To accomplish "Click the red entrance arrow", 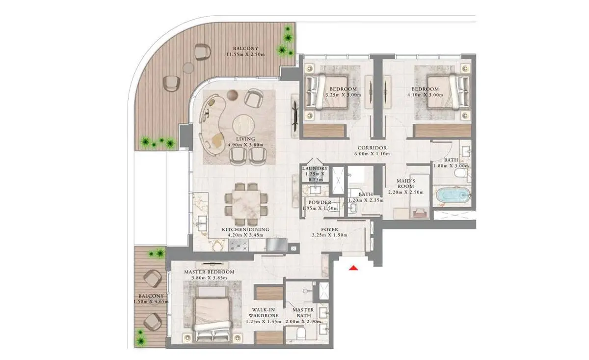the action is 353,268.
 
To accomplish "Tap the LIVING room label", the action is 245,139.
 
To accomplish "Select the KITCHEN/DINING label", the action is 245,229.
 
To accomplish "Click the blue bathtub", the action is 453,195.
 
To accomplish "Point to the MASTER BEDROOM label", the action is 209,272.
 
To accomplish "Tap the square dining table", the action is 246,204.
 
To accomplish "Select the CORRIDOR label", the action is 372,148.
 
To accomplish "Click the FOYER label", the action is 329,229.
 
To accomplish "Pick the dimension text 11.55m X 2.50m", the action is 245,55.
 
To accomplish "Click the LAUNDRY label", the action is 315,168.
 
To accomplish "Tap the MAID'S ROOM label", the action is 406,183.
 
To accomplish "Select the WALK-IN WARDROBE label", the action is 264,313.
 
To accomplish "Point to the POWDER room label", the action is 320,202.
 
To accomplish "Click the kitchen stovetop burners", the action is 239,245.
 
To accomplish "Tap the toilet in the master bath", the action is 301,333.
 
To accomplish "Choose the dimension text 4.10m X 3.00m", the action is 425,95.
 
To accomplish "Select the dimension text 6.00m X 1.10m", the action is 372,154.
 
